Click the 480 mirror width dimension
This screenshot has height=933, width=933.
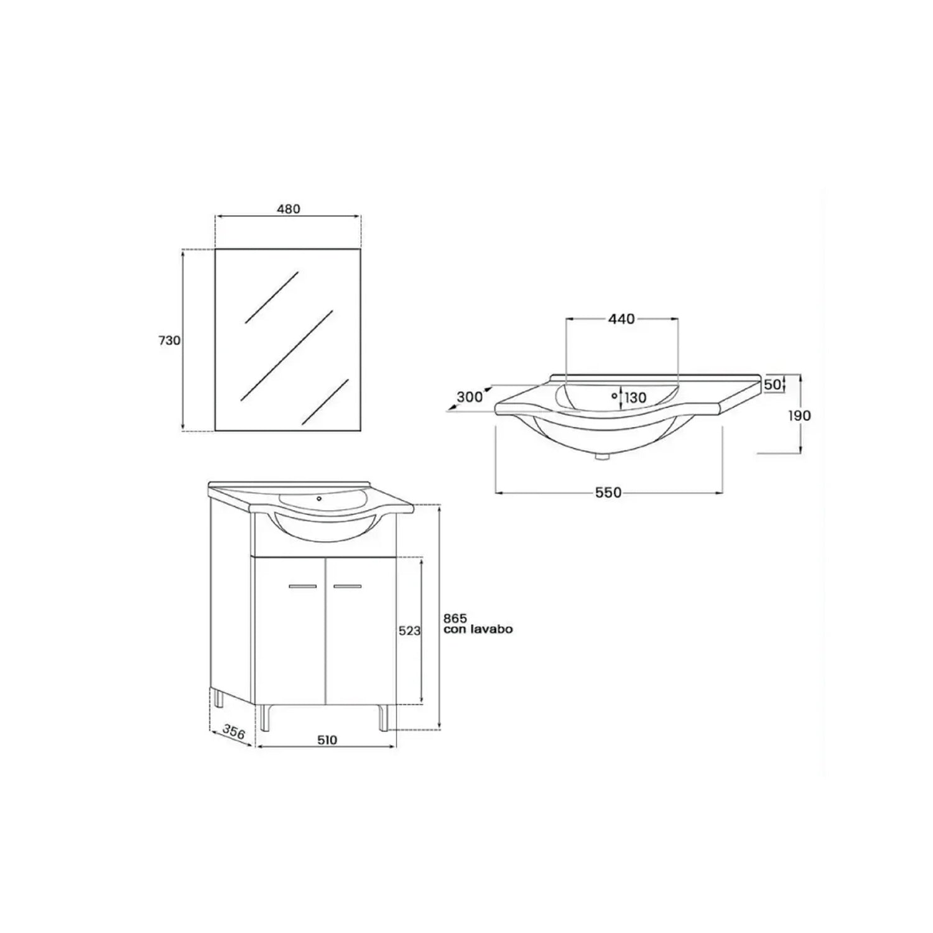pyautogui.click(x=289, y=209)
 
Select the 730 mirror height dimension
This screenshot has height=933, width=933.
pyautogui.click(x=169, y=341)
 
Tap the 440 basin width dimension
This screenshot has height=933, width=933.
pyautogui.click(x=621, y=319)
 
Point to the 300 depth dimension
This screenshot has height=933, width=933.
pyautogui.click(x=470, y=396)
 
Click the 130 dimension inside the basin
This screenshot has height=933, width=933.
pyautogui.click(x=635, y=398)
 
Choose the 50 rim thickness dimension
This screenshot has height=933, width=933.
pyautogui.click(x=772, y=385)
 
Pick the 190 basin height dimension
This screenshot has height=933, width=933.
pyautogui.click(x=799, y=415)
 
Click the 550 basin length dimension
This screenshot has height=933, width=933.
pyautogui.click(x=608, y=493)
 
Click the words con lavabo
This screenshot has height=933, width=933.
pyautogui.click(x=478, y=629)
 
